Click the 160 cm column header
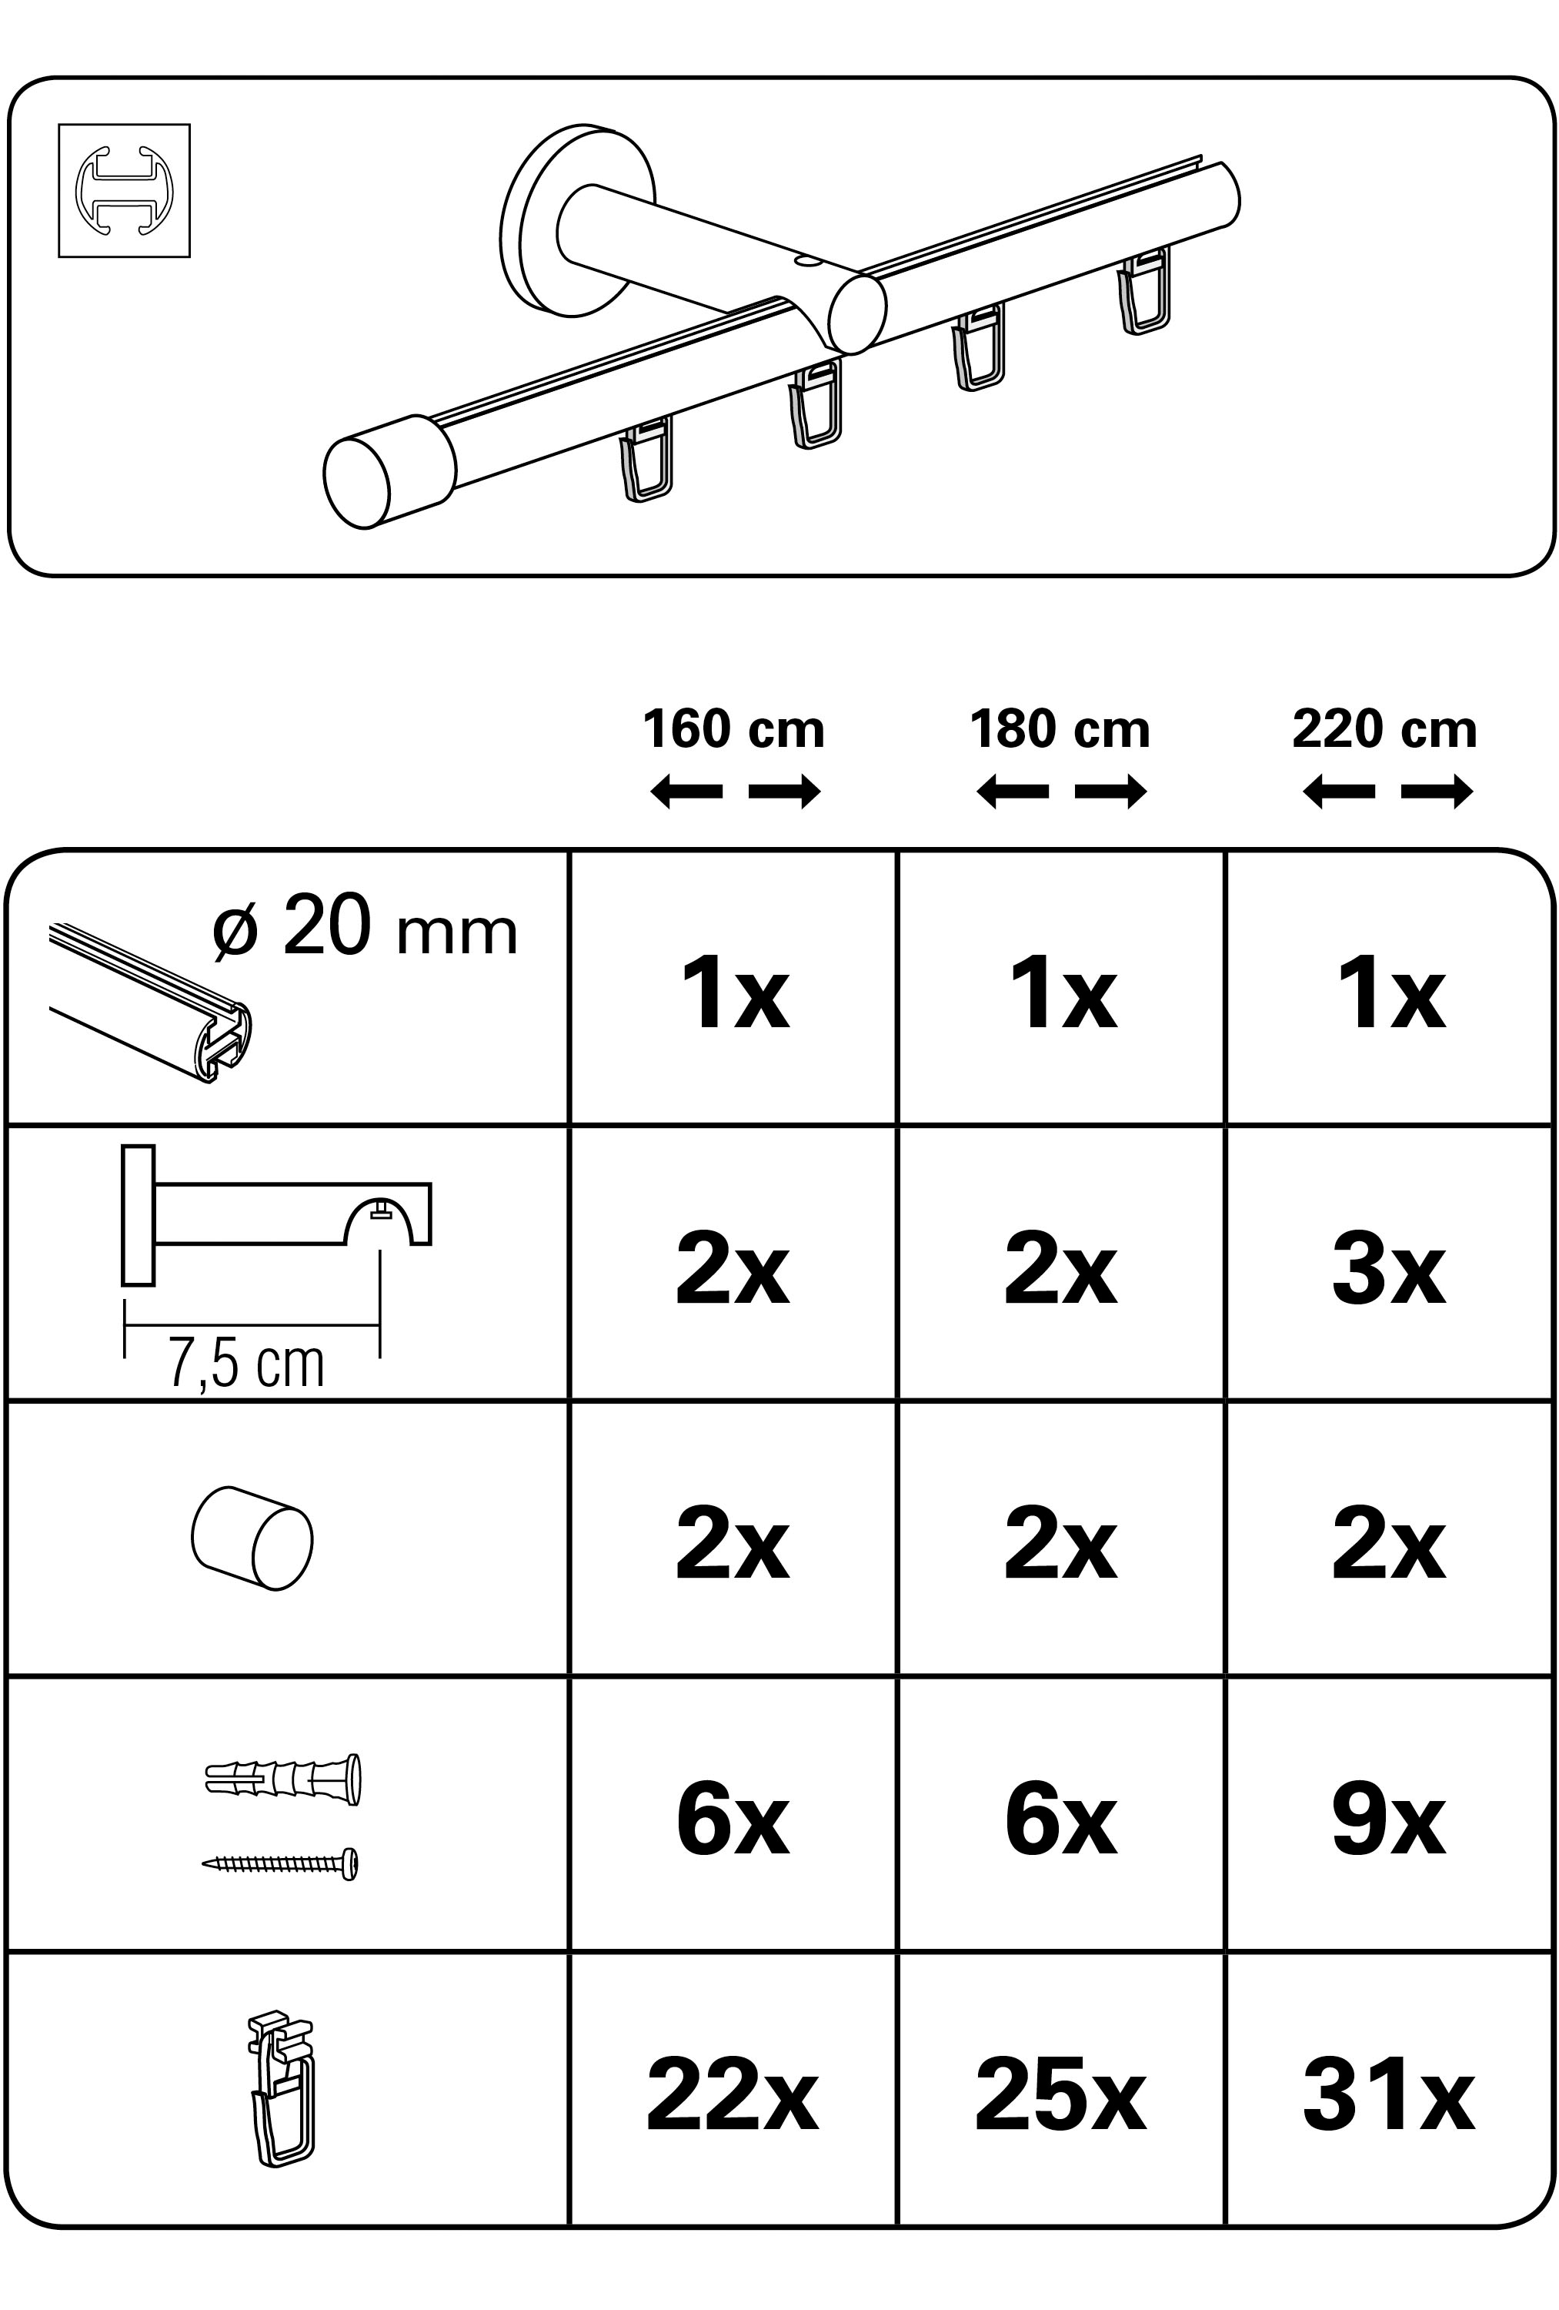click(x=733, y=730)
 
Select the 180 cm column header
click(x=1060, y=730)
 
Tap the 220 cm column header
click(x=1384, y=730)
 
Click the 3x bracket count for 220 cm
click(x=1388, y=1271)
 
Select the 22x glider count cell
click(x=733, y=2097)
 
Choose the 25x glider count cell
click(x=1060, y=2097)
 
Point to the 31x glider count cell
click(x=1388, y=2097)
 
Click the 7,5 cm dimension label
click(x=246, y=1364)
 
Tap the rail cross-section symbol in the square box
click(x=124, y=191)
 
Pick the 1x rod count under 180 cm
click(x=1061, y=994)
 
